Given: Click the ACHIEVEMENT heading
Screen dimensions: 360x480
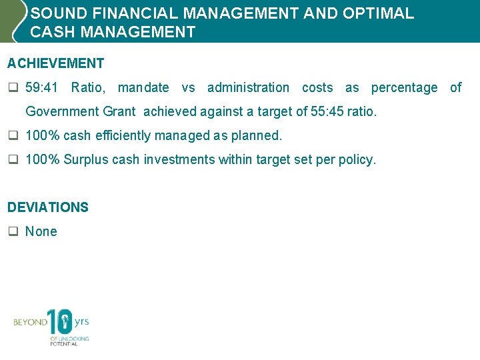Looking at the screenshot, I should click(56, 63).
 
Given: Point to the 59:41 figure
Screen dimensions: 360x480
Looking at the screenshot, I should click(42, 87).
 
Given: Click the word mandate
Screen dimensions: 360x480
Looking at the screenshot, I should click(143, 87).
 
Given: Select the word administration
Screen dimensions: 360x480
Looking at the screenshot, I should click(248, 87).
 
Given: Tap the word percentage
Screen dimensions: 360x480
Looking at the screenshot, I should click(404, 87).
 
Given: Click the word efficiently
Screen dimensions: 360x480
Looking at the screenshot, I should click(125, 135).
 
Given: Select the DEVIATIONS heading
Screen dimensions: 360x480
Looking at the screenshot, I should click(48, 207).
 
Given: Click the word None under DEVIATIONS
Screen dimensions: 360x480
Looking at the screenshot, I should click(41, 231).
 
